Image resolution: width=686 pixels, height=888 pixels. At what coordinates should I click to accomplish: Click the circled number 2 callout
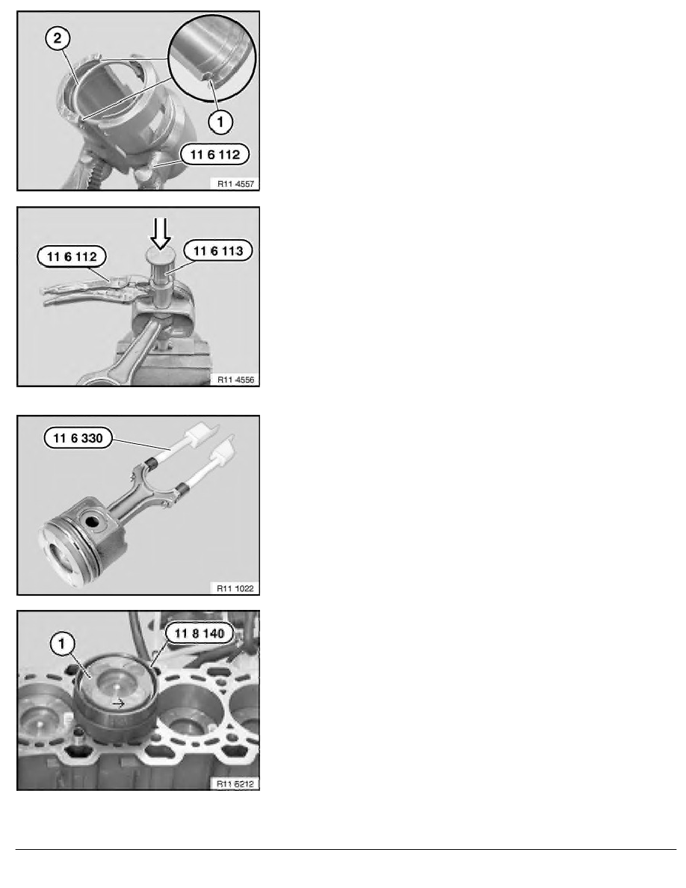(57, 39)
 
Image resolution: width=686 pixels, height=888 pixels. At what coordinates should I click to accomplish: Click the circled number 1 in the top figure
(220, 121)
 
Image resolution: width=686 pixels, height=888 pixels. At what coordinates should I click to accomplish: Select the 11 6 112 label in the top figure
(215, 155)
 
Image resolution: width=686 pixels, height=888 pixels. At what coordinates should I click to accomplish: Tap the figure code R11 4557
(235, 183)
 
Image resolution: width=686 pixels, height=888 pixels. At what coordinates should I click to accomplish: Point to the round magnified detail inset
(212, 58)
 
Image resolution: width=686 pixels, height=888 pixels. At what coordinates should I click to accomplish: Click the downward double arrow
(161, 233)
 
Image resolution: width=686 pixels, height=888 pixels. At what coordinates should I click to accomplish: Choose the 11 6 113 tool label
(218, 251)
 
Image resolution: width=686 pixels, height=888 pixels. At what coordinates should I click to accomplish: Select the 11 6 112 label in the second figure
(72, 256)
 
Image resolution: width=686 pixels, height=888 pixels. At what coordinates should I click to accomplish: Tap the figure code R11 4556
(235, 380)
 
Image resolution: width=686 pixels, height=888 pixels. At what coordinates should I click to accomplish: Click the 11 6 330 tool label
(78, 438)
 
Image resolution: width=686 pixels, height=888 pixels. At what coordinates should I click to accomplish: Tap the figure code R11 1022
(235, 588)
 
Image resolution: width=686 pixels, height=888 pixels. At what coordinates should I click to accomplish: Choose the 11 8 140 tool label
(200, 633)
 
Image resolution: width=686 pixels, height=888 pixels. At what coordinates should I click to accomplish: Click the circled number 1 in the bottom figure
(62, 644)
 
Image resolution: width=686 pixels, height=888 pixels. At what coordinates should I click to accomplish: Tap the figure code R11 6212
(235, 784)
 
